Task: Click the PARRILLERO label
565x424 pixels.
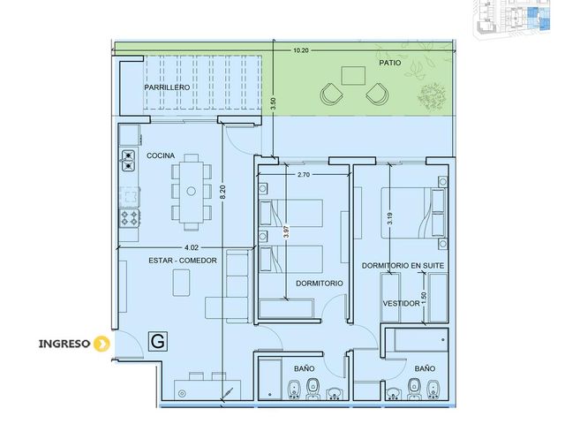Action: [x=167, y=87]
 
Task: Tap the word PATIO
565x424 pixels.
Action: [x=390, y=63]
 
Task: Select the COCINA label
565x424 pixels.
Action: [x=161, y=155]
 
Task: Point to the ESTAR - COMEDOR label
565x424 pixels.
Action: [x=183, y=261]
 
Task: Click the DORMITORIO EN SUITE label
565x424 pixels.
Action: [x=403, y=266]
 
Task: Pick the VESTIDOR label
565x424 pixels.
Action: [x=401, y=304]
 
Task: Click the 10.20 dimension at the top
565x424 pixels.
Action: [x=301, y=50]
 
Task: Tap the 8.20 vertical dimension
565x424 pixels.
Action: [x=222, y=192]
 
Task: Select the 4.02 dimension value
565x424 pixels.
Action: [x=192, y=247]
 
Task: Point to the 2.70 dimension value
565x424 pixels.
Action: [x=304, y=175]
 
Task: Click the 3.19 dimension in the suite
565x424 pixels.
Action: [x=389, y=218]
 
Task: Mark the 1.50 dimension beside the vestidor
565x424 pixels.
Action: [x=424, y=298]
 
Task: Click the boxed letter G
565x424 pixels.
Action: [x=158, y=341]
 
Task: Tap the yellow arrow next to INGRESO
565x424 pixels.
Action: [x=102, y=344]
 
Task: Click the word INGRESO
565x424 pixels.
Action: [x=64, y=344]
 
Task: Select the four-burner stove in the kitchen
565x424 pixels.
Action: [x=130, y=218]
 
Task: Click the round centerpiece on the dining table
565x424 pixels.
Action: [x=191, y=191]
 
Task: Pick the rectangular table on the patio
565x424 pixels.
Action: [x=353, y=76]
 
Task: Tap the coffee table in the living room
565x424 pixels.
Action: [x=181, y=283]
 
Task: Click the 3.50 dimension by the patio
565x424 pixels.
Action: [x=274, y=104]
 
